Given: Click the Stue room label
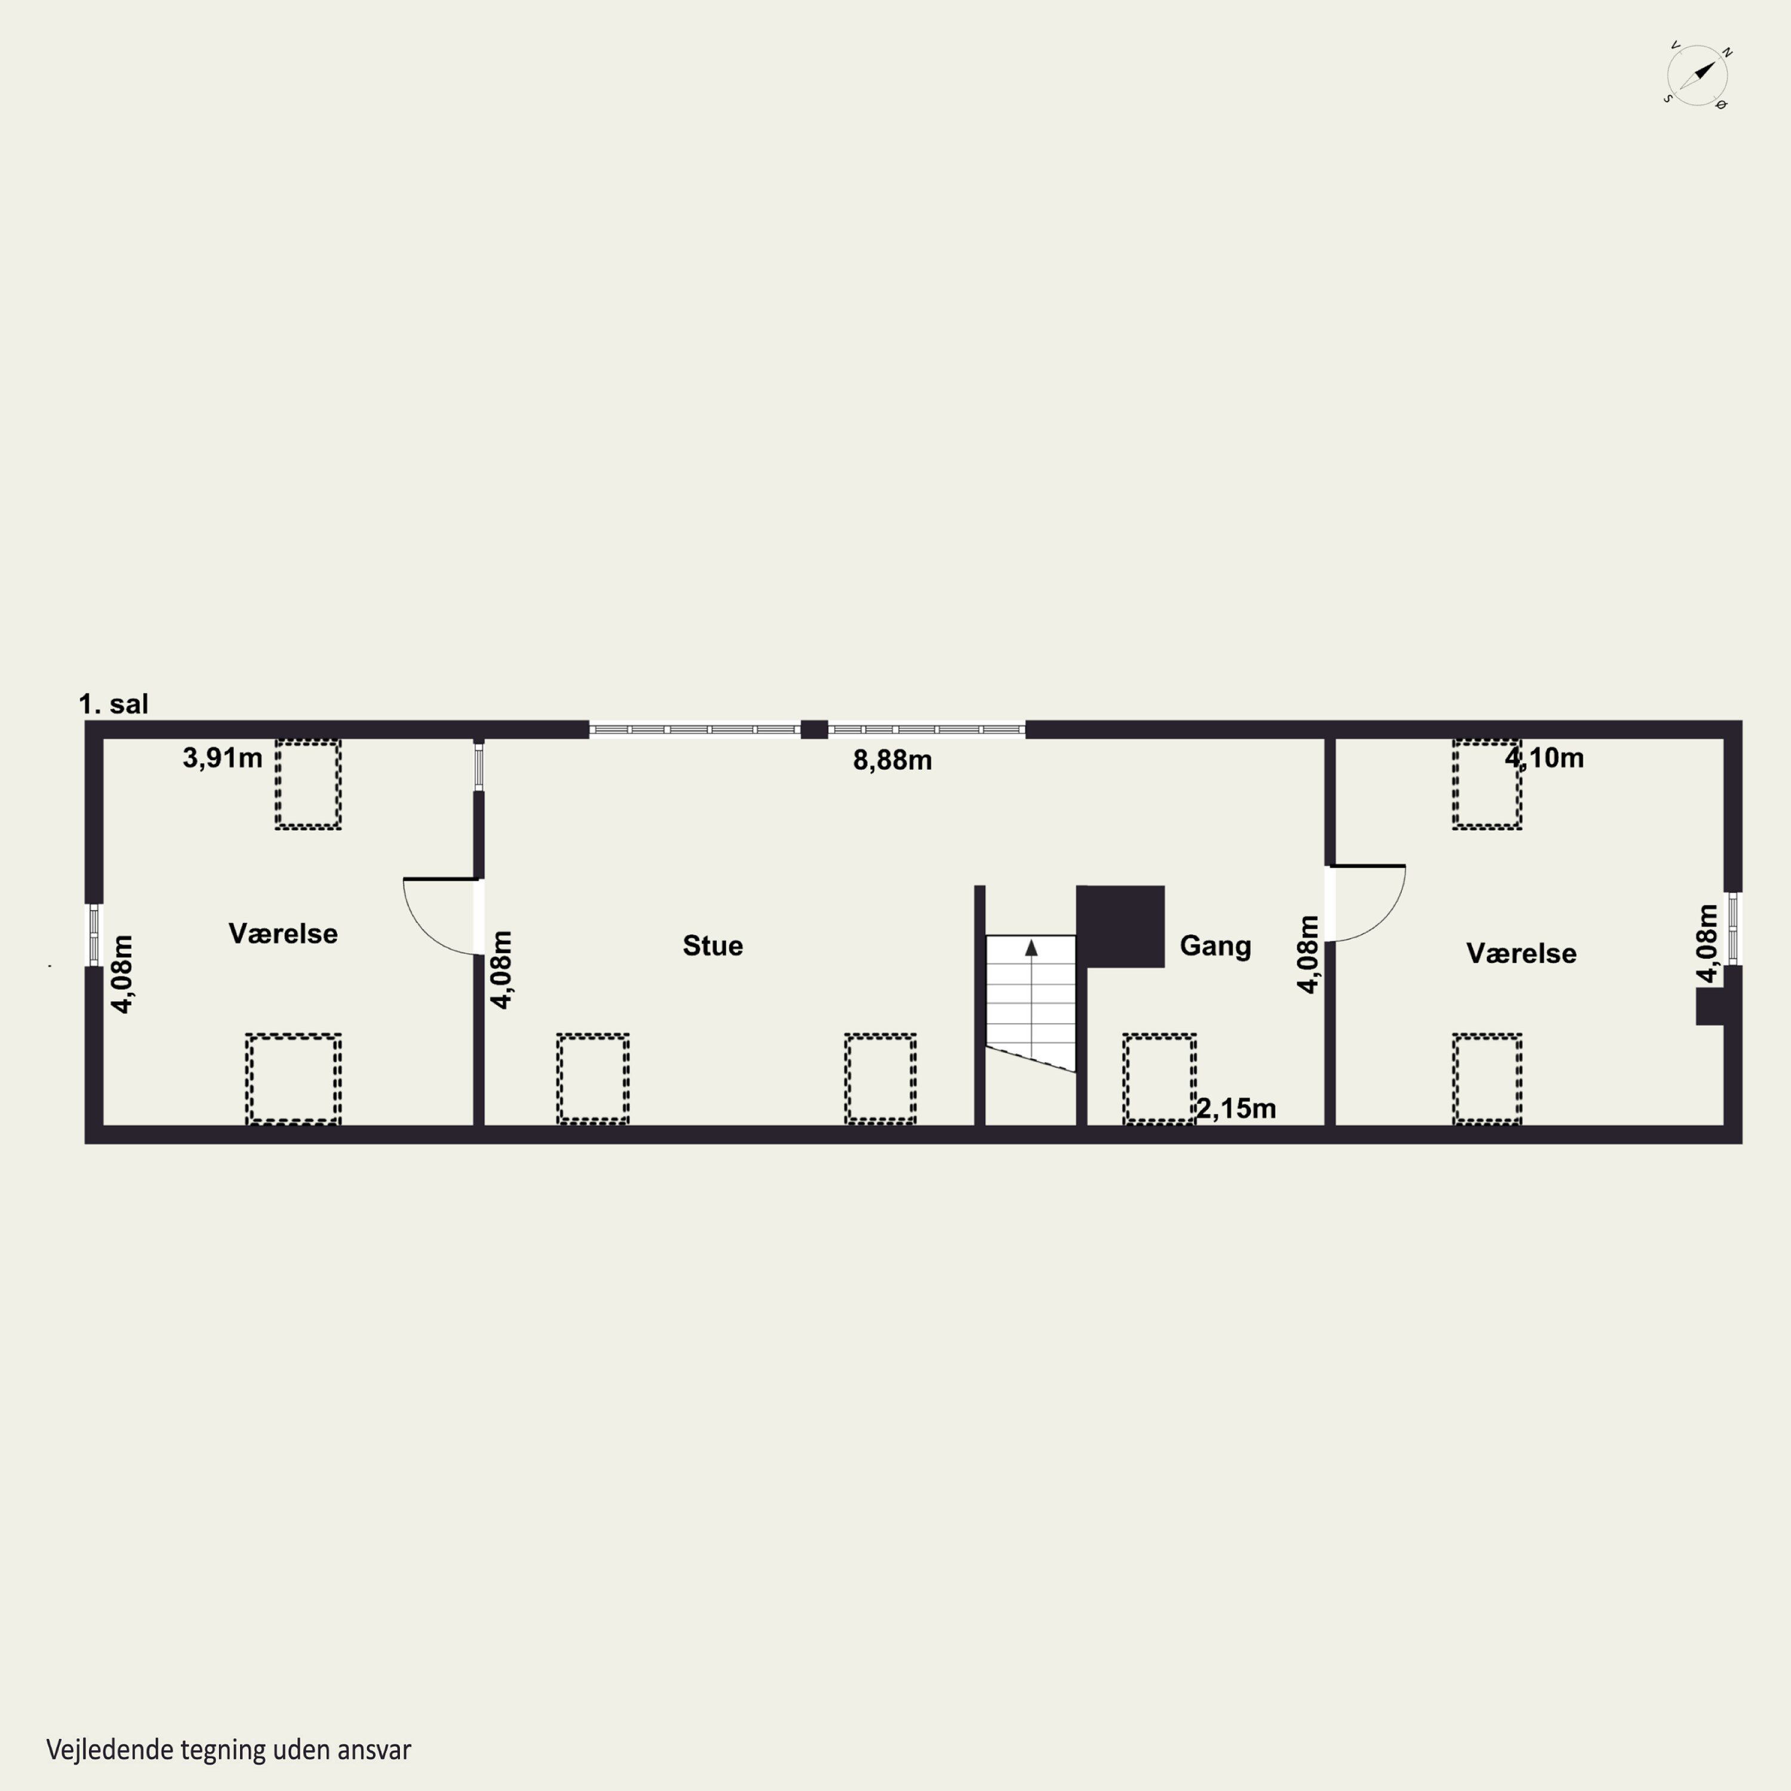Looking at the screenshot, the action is (x=712, y=946).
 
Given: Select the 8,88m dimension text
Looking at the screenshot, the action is (x=892, y=761).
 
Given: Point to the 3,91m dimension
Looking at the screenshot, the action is (x=223, y=758).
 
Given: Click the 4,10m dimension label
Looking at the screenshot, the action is (x=1543, y=758).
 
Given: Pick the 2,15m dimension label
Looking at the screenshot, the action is (x=1236, y=1109).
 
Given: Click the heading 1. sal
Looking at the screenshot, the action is (x=113, y=704).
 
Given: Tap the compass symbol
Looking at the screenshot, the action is (x=1697, y=75).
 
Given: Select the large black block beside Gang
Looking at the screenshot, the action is (x=1121, y=926).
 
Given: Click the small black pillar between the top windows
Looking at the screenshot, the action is (x=814, y=730).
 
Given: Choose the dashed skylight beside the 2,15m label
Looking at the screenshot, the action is (x=1159, y=1079).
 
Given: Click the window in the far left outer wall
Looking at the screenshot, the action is (x=94, y=934).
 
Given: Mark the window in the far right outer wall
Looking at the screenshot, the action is (x=1732, y=928).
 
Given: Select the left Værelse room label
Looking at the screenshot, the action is (x=283, y=934).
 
